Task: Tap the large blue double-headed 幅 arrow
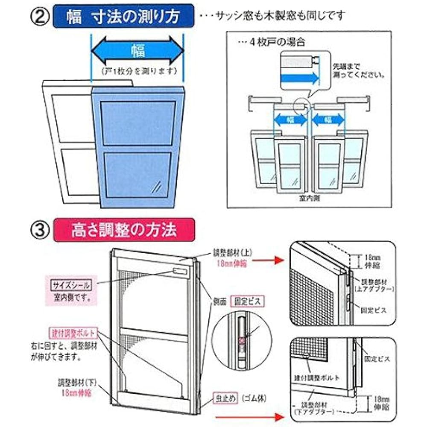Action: (x=137, y=51)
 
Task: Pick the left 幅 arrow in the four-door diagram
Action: (x=290, y=120)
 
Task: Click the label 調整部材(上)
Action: (x=232, y=252)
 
